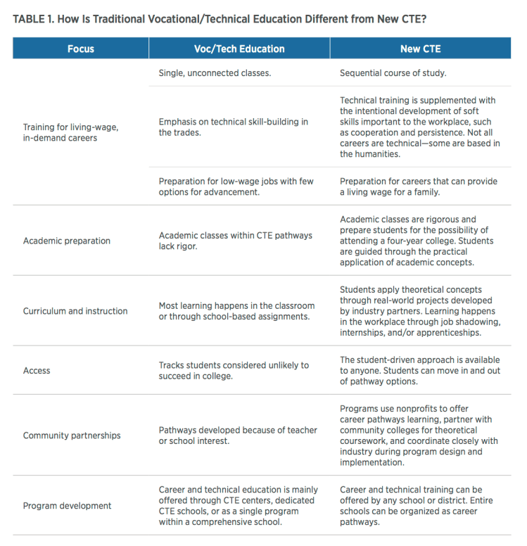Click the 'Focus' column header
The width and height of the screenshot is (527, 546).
80,49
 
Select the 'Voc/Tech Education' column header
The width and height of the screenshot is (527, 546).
239,49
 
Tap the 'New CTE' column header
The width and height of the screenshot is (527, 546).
420,49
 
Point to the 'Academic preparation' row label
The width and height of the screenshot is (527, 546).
67,241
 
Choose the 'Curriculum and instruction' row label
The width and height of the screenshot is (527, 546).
75,311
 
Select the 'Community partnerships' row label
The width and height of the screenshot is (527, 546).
72,436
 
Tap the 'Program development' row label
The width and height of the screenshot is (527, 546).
67,505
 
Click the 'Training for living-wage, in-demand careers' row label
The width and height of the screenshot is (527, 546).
70,132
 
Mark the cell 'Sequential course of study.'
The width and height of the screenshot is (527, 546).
394,72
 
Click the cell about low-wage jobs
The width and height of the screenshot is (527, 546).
236,186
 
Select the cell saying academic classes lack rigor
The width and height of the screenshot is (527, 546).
235,241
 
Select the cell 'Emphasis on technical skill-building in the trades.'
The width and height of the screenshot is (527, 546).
233,127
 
